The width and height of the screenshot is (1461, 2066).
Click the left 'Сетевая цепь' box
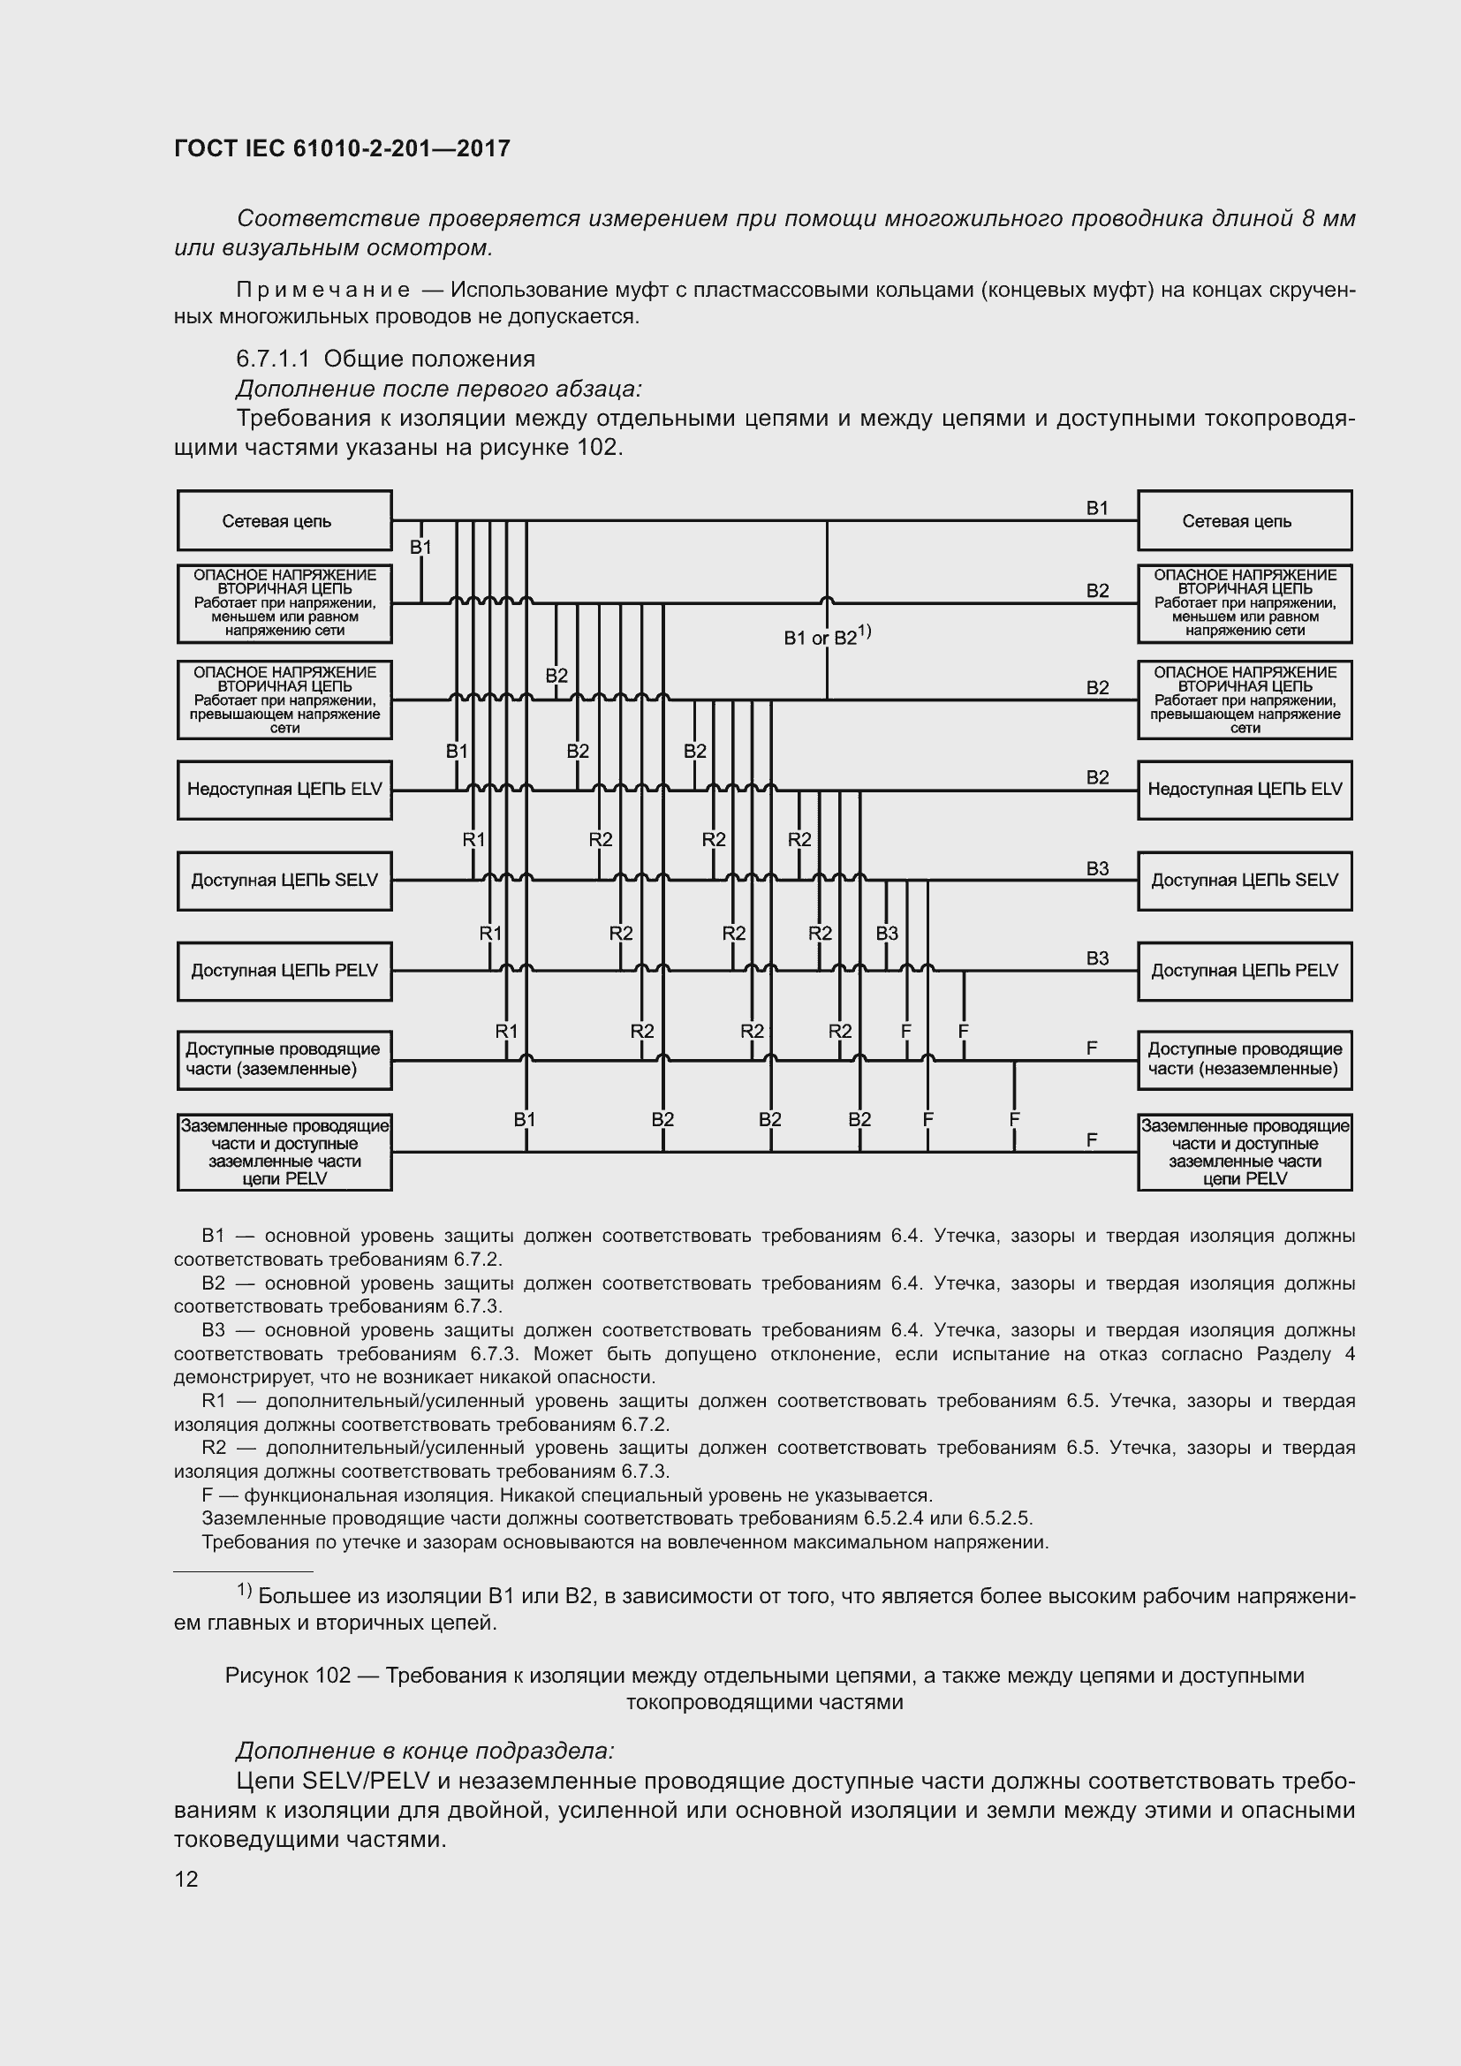(284, 521)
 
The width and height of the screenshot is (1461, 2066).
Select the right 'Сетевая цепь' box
(1245, 521)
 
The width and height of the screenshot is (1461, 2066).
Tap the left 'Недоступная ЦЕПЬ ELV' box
(284, 789)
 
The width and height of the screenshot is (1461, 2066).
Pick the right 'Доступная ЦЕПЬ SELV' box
(1245, 880)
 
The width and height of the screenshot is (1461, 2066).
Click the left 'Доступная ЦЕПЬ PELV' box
(284, 971)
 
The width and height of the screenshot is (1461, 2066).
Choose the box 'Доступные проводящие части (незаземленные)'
(1245, 1059)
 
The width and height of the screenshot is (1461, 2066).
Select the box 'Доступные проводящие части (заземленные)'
(284, 1059)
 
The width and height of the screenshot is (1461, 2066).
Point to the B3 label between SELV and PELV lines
(887, 933)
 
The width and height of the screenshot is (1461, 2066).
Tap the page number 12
(186, 1879)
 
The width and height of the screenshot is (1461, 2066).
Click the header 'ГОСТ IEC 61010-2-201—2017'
(342, 148)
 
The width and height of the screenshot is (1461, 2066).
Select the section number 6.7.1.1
(273, 359)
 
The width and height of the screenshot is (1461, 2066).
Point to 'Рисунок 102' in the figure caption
(287, 1676)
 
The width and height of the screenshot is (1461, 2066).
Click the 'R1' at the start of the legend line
(213, 1401)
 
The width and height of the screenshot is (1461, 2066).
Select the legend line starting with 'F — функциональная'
(567, 1495)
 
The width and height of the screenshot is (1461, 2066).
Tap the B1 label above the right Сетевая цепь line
(1097, 509)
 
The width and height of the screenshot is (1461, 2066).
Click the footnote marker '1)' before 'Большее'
(244, 1592)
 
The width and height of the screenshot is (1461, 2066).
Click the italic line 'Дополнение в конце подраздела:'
(425, 1751)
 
